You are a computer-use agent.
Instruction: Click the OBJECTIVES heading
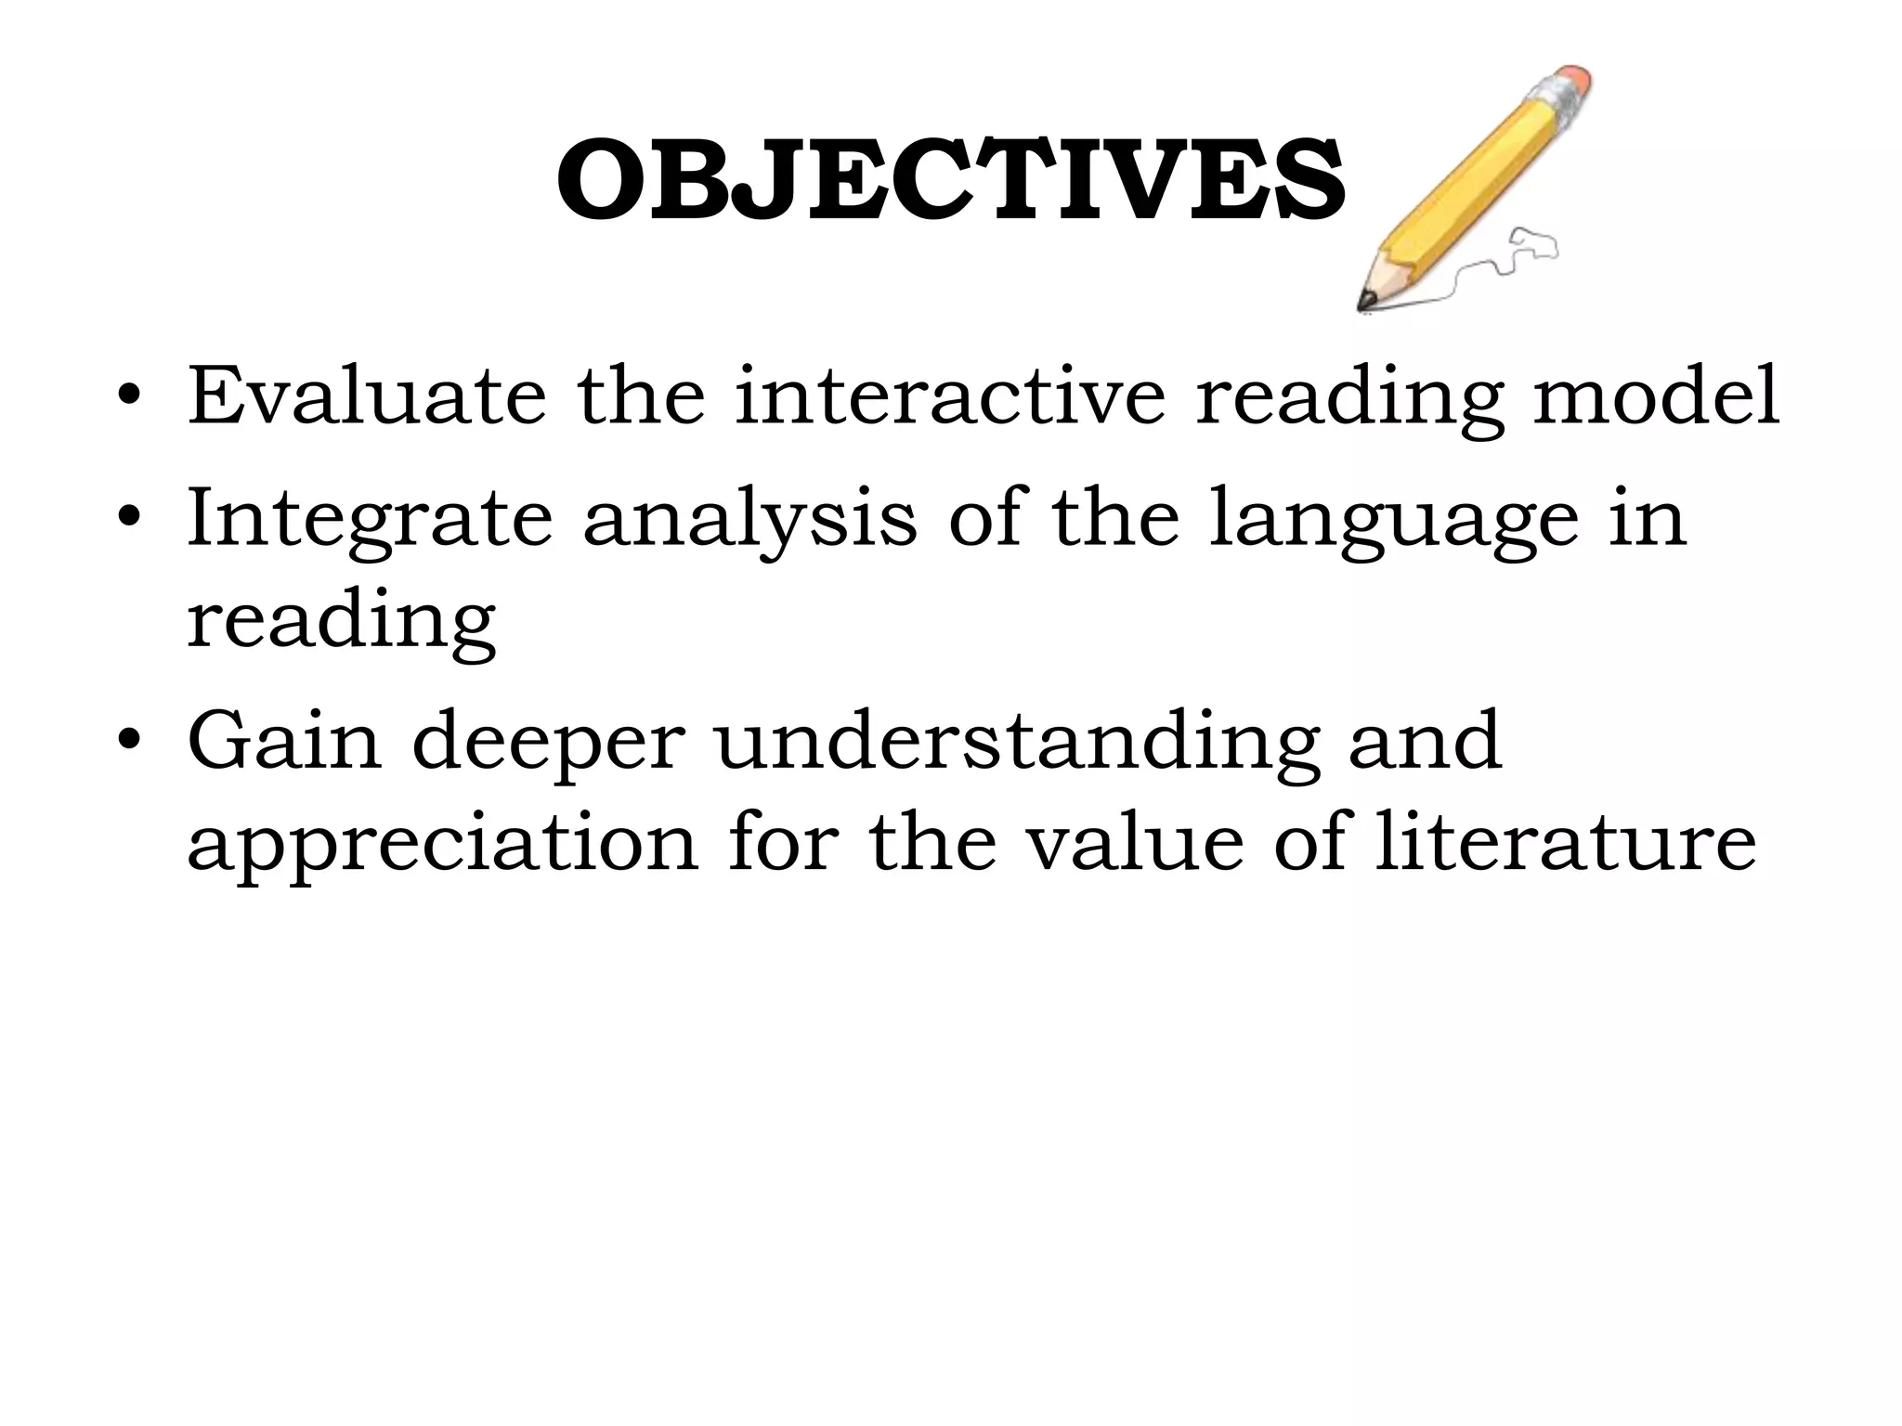tap(950, 181)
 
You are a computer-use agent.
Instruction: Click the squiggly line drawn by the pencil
tap(1505, 260)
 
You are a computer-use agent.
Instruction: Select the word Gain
tap(284, 740)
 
